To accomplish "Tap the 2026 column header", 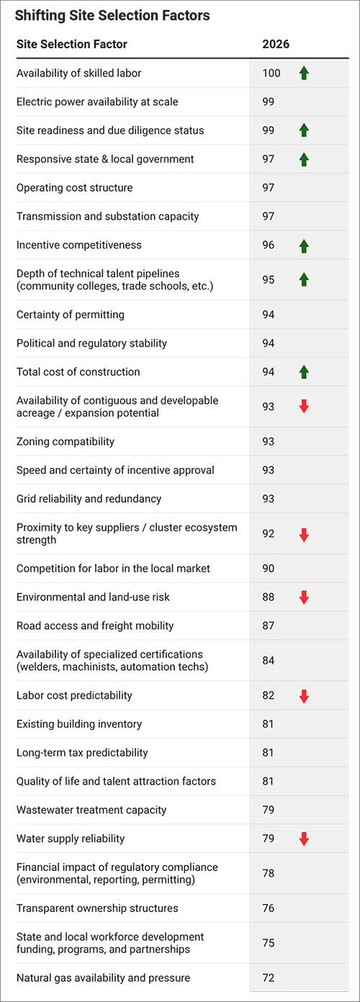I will [276, 45].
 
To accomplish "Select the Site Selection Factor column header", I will [72, 45].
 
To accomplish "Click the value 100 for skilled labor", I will [271, 73].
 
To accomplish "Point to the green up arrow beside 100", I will [304, 73].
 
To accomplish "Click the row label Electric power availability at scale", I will [97, 102].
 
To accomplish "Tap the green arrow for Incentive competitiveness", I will [304, 246].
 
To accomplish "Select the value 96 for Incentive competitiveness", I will [269, 246].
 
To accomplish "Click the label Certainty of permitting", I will [71, 314].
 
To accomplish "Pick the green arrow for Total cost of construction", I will [304, 372].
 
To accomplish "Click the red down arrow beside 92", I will [304, 534].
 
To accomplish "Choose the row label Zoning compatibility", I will [66, 442].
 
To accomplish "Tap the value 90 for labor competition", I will [269, 568].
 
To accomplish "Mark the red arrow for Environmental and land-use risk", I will [304, 597].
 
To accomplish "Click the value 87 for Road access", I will [269, 626].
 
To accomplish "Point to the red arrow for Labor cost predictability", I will [304, 696].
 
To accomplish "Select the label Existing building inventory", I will [79, 724].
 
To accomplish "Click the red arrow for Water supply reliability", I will [304, 838].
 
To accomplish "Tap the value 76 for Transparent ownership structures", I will [269, 908].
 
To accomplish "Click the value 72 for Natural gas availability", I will [269, 978].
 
